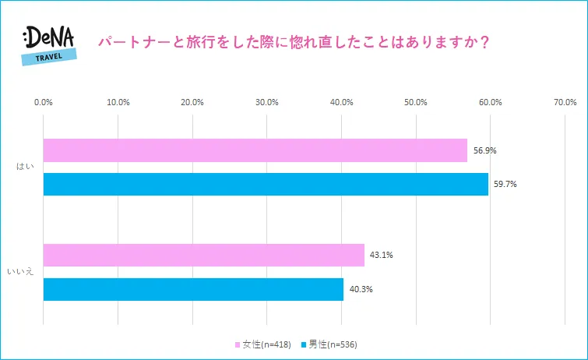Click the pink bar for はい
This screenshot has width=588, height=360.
click(255, 150)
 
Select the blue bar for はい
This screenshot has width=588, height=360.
click(266, 184)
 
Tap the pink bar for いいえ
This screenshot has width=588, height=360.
click(203, 255)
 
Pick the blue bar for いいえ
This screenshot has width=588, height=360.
click(193, 289)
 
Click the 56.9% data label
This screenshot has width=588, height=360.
click(484, 150)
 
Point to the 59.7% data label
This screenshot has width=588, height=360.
click(505, 184)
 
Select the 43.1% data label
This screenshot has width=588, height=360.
click(382, 255)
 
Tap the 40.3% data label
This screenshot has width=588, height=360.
click(361, 289)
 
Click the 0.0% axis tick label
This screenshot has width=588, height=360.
click(44, 102)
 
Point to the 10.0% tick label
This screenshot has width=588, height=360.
click(118, 102)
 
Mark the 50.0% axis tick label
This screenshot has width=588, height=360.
click(416, 102)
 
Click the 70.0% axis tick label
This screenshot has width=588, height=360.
click(565, 102)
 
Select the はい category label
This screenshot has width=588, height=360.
click(25, 167)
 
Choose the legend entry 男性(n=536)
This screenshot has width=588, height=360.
click(332, 344)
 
